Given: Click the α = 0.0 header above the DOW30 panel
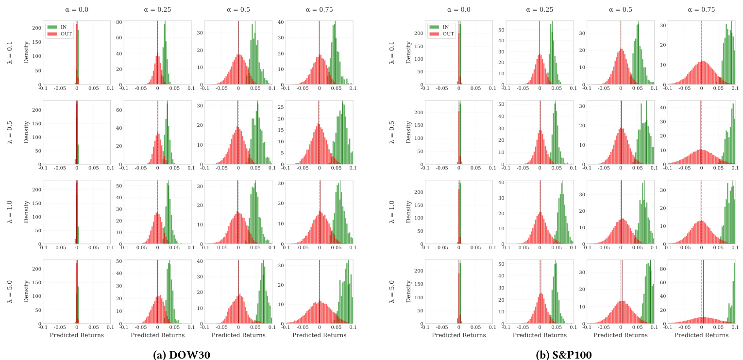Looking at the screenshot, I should [77, 9].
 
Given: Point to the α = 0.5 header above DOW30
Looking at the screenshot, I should [238, 9].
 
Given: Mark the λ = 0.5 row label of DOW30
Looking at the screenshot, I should [9, 133].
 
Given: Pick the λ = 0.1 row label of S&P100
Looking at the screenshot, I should [391, 53].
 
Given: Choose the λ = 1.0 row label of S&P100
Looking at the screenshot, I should [391, 212].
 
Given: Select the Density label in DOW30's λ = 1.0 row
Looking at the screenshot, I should [26, 212].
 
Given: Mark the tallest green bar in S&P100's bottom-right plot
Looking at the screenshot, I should [734, 293].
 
